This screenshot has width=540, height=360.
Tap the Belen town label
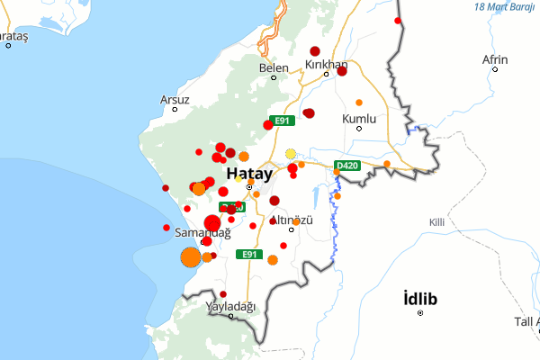pyautogui.click(x=274, y=67)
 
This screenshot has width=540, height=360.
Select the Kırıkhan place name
pyautogui.click(x=326, y=64)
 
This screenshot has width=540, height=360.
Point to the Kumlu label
pyautogui.click(x=359, y=118)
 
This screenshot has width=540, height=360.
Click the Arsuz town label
pyautogui.click(x=175, y=99)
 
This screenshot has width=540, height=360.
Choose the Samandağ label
pyautogui.click(x=202, y=232)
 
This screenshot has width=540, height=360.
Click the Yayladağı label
pyautogui.click(x=231, y=306)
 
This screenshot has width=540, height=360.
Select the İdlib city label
pyautogui.click(x=420, y=298)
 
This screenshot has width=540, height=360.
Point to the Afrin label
pyautogui.click(x=495, y=59)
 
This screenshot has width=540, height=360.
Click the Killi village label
pyautogui.click(x=437, y=221)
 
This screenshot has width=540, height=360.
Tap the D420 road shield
pyautogui.click(x=346, y=166)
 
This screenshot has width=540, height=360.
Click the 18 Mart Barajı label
pyautogui.click(x=505, y=6)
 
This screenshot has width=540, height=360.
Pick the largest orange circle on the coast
pyautogui.click(x=191, y=258)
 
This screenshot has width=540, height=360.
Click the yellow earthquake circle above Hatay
pyautogui.click(x=291, y=153)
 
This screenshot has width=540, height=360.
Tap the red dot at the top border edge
pyautogui.click(x=397, y=20)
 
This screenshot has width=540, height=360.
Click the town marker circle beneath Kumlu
pyautogui.click(x=359, y=129)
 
